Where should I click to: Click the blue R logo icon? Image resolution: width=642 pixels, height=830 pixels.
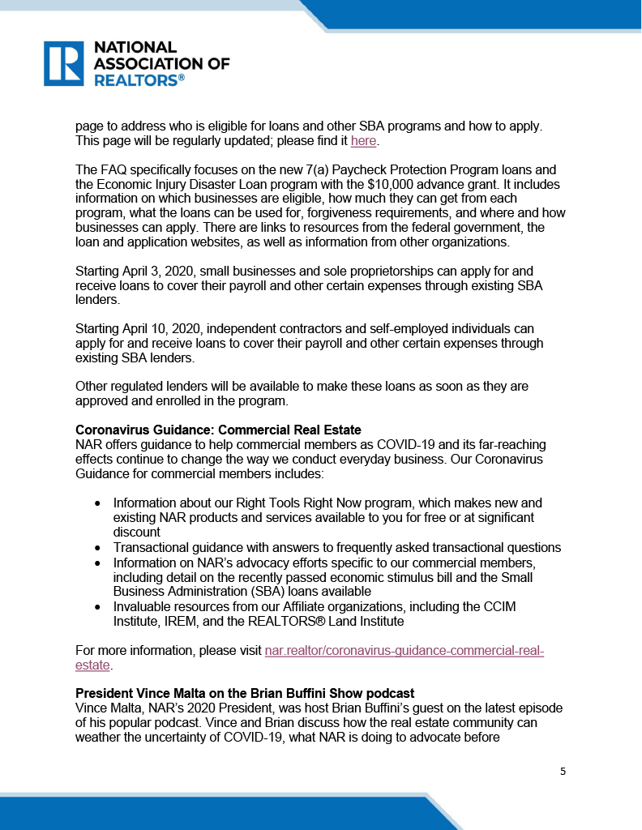(x=63, y=63)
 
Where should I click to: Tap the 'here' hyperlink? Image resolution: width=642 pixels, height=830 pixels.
(x=364, y=142)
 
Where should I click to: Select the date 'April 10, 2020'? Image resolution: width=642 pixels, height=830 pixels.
(x=169, y=328)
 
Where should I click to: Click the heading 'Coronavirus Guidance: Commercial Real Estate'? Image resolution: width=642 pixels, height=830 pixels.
(x=218, y=430)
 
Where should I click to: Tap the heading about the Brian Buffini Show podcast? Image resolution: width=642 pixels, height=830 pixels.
(x=245, y=694)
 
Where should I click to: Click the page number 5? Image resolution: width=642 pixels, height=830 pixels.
(x=563, y=771)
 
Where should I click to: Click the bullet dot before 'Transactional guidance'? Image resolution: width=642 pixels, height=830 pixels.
(x=97, y=548)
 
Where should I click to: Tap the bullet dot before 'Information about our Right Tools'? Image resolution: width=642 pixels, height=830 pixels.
(x=97, y=503)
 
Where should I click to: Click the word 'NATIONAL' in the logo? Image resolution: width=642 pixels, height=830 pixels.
(x=135, y=48)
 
